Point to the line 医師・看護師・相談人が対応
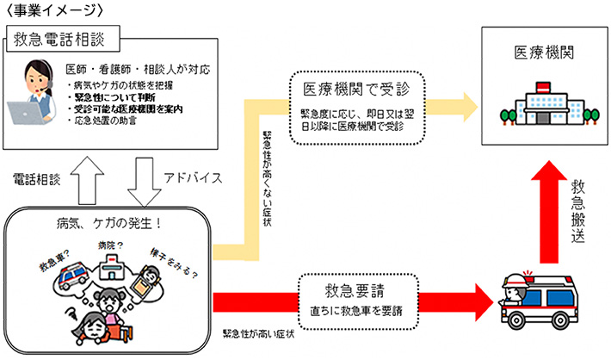click(138, 69)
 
